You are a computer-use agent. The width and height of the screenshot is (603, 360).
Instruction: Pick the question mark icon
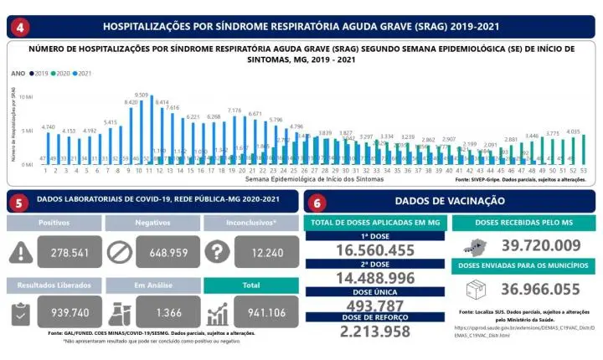click(216, 251)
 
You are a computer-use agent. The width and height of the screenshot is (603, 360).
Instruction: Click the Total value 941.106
click(266, 312)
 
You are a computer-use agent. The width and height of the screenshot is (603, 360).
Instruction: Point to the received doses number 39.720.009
click(541, 244)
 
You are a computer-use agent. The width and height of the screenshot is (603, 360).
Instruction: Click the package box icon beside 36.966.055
click(476, 290)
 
